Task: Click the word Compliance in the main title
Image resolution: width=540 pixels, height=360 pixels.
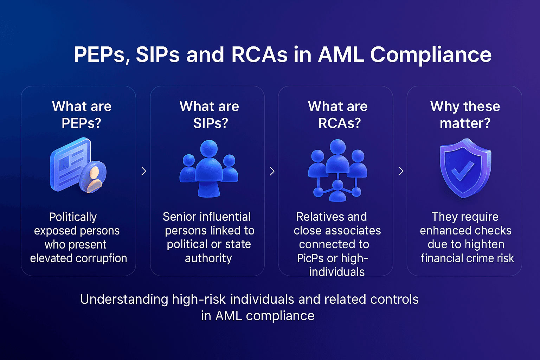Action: (x=431, y=55)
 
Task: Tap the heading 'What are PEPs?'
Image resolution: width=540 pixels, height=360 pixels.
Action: (x=82, y=115)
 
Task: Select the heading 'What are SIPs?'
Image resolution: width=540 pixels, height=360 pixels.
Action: (x=210, y=115)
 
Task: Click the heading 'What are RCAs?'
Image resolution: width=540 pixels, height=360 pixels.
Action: (x=338, y=115)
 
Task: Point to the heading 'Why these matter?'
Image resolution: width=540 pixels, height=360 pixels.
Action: (x=465, y=115)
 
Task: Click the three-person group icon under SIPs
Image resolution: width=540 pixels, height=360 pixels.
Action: (x=209, y=168)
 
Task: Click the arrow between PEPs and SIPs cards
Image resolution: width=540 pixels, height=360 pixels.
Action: (x=143, y=171)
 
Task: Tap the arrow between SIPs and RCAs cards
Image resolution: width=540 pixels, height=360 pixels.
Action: (x=272, y=171)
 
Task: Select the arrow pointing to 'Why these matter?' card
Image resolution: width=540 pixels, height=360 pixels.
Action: (x=401, y=171)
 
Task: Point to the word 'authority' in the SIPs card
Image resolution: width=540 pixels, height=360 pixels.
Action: (x=208, y=258)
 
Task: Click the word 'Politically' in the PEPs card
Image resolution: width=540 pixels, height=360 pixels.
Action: (x=73, y=217)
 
